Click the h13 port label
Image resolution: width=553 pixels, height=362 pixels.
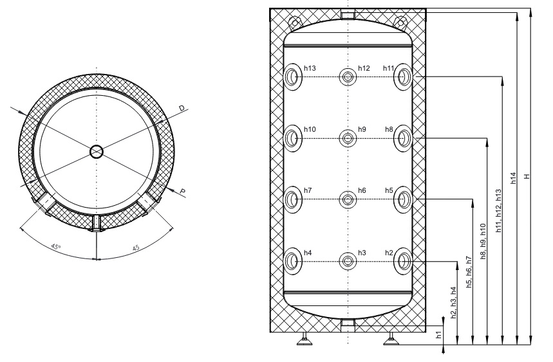click(x=310, y=68)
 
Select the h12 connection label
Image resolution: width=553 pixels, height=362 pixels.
click(x=364, y=68)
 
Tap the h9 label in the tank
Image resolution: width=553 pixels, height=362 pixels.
click(x=362, y=130)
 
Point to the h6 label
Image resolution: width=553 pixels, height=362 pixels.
click(x=362, y=190)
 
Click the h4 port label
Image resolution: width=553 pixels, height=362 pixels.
click(x=308, y=253)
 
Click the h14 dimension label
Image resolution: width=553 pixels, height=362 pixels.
click(x=514, y=178)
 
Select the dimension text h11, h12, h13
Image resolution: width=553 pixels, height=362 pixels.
click(x=499, y=211)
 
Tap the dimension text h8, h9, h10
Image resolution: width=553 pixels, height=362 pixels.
click(x=483, y=242)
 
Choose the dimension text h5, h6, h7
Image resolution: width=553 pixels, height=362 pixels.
click(x=469, y=272)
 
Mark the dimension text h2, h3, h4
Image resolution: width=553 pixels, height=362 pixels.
click(x=454, y=303)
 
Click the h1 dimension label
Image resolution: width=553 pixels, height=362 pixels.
click(x=439, y=334)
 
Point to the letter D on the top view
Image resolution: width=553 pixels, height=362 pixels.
click(x=182, y=108)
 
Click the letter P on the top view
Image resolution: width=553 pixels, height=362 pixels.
click(x=182, y=192)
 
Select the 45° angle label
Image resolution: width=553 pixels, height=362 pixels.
click(x=56, y=246)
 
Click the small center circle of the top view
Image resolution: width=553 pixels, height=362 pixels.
click(x=97, y=152)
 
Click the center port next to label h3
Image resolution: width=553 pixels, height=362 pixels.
click(x=348, y=261)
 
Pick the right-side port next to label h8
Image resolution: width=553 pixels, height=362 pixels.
click(x=403, y=138)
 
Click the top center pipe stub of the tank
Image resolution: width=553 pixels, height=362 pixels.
click(x=348, y=15)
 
